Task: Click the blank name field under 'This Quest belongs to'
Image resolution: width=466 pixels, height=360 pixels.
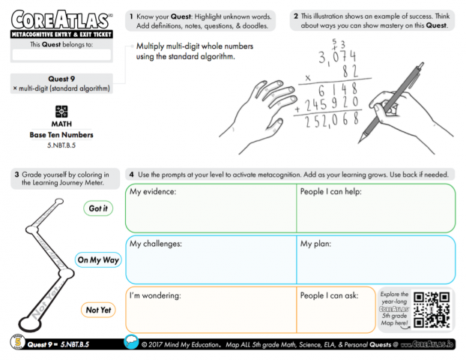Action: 61,55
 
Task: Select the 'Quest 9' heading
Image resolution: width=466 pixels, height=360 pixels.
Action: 61,79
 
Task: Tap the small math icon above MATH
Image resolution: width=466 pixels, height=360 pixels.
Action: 61,110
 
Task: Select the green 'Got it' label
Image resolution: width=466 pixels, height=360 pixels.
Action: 98,208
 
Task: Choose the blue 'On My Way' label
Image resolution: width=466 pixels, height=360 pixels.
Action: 98,259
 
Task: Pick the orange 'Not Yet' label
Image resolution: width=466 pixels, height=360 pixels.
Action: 98,310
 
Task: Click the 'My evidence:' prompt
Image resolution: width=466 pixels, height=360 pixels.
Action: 153,192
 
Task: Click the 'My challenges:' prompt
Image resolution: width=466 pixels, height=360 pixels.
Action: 156,244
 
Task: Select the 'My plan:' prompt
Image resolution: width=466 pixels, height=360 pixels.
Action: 315,244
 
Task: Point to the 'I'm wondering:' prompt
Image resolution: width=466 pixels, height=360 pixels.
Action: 156,295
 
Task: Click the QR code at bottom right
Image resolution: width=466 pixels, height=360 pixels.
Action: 432,308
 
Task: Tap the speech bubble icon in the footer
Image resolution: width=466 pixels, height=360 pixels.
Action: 130,343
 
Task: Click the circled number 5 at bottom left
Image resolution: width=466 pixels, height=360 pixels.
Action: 17,343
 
